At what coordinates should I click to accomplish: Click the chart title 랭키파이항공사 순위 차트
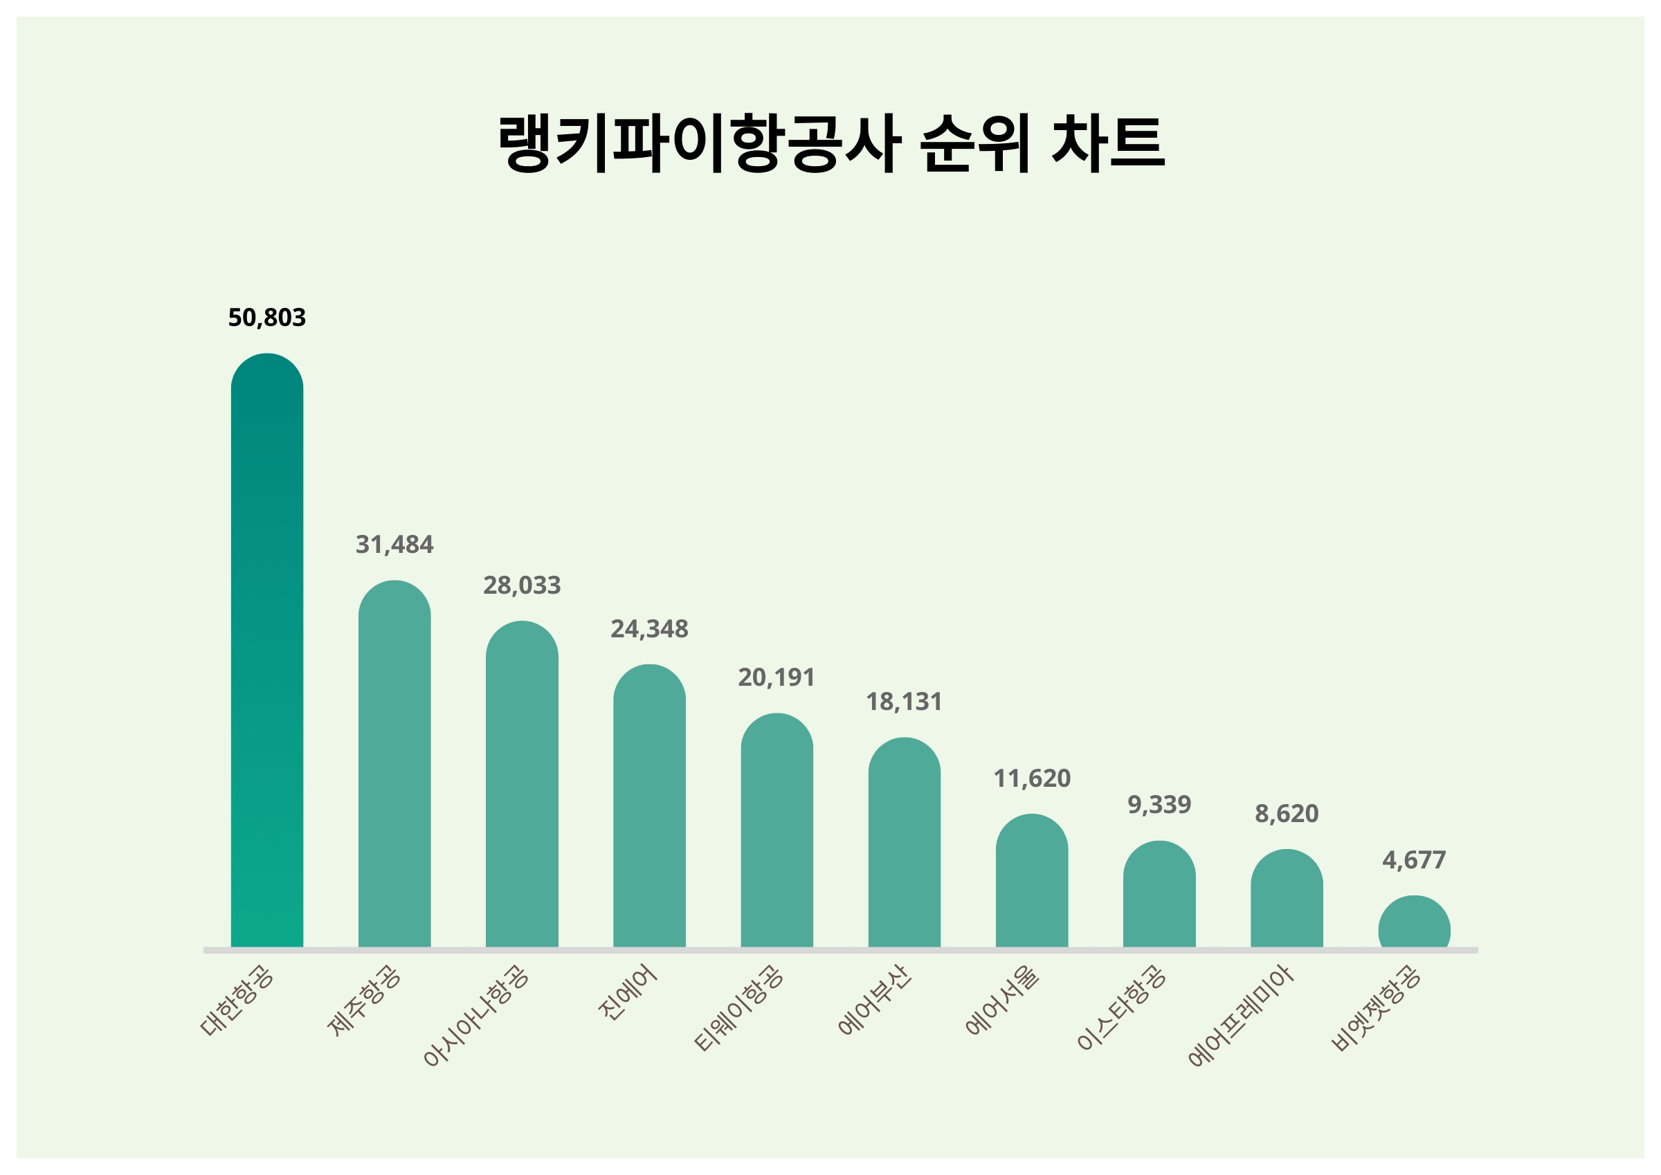point(831,143)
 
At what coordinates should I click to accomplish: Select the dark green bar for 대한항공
point(267,651)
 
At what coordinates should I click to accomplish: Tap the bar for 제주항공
point(394,767)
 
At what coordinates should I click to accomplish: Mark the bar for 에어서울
point(1032,883)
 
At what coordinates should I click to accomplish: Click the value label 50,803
point(267,318)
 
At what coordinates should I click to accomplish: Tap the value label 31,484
point(394,545)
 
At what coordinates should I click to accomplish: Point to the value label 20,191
point(777,677)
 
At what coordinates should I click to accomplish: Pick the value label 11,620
point(1032,778)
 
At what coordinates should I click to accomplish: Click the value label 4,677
point(1414,859)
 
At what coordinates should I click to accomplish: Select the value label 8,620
point(1287,814)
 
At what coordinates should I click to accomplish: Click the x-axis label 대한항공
point(237,1002)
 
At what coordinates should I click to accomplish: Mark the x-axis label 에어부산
point(875,1001)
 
